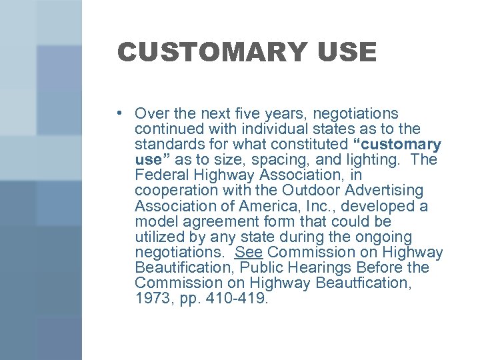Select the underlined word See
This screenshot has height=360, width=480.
[x=249, y=253]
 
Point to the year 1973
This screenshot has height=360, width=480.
[x=153, y=299]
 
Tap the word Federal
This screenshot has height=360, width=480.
[x=159, y=175]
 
